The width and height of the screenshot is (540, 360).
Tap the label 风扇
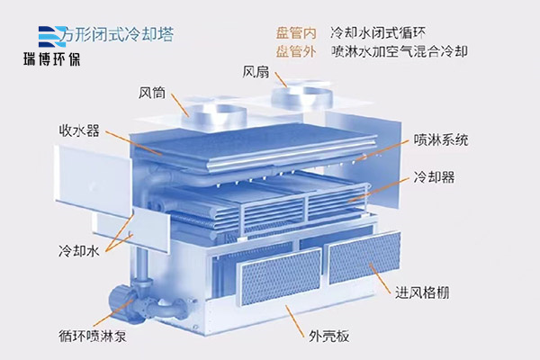click(x=256, y=70)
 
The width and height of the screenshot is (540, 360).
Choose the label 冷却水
click(x=78, y=250)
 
